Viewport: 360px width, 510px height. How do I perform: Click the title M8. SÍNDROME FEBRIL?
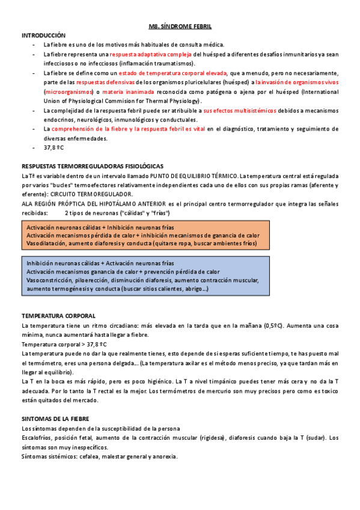(180, 27)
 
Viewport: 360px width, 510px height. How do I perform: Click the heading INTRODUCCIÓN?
(43, 36)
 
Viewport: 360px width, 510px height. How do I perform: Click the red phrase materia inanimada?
(126, 91)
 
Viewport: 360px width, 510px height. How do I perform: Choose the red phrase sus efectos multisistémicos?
(239, 111)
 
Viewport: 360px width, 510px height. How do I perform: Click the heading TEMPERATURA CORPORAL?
(58, 316)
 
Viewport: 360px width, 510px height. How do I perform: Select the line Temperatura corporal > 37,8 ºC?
(64, 344)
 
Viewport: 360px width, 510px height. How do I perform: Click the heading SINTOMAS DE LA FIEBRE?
(55, 418)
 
